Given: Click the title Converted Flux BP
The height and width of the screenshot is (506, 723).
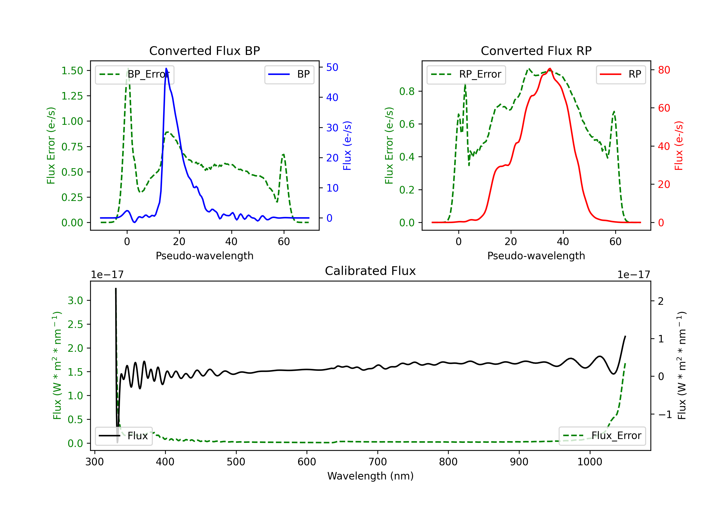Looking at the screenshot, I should tap(204, 51).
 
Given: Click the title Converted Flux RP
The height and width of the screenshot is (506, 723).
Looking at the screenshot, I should tap(536, 51).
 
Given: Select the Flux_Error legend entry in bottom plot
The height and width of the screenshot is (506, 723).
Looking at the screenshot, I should tap(602, 436).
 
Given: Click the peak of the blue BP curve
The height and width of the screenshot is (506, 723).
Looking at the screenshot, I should tap(166, 68).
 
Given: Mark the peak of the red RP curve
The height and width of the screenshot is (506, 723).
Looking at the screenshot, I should tap(549, 68).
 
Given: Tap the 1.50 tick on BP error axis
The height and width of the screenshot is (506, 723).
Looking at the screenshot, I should tap(72, 71).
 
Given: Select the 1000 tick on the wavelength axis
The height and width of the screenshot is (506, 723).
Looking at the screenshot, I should tap(589, 462).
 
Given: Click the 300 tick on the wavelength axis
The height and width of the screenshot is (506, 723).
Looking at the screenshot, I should tap(94, 462).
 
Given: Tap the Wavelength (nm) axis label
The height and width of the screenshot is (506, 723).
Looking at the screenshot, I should tap(370, 476).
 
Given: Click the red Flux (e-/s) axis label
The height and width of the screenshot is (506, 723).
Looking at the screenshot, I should tap(679, 146).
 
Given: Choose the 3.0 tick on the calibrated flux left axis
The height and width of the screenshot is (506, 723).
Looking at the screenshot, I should tap(75, 300).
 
